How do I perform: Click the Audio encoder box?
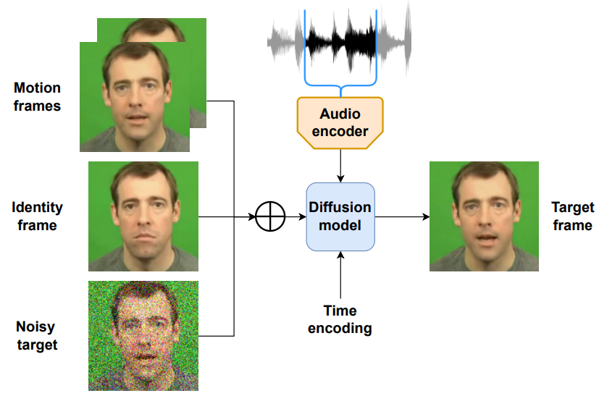(340, 122)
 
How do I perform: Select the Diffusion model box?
(340, 216)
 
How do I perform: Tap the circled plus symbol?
(270, 216)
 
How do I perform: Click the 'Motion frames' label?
(37, 96)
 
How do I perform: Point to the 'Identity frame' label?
(37, 216)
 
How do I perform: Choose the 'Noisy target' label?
(37, 336)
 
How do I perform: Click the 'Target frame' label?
(573, 216)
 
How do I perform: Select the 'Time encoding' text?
(340, 319)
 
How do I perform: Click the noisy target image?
(143, 336)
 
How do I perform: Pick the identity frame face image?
(143, 216)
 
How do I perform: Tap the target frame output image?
(484, 216)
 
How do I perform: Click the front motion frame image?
(135, 96)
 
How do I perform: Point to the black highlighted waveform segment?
(340, 41)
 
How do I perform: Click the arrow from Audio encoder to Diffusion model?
(340, 166)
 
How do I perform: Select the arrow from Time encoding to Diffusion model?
(340, 274)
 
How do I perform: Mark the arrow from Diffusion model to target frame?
(402, 216)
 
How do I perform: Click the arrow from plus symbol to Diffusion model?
(296, 216)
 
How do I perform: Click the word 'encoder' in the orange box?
(340, 132)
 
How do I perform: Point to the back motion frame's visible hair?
(153, 29)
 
